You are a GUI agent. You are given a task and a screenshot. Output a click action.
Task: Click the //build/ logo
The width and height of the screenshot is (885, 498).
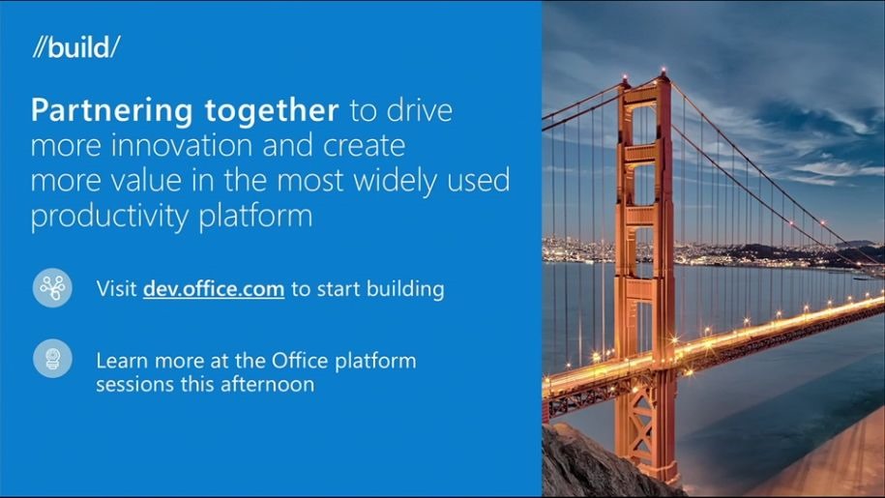76,46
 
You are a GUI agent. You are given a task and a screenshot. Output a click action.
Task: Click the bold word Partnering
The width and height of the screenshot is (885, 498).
112,110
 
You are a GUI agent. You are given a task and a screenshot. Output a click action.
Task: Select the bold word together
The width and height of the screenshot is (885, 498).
272,110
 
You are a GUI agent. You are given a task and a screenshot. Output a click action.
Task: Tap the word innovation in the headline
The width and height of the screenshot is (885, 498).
182,145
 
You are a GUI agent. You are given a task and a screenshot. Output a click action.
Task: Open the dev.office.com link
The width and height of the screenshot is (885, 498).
214,289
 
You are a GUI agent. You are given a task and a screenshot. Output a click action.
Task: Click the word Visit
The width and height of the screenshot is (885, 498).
116,289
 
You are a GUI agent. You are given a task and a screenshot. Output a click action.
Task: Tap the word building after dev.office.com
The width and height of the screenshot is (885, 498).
405,289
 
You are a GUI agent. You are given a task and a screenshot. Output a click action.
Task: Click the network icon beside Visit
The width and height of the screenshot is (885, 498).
52,287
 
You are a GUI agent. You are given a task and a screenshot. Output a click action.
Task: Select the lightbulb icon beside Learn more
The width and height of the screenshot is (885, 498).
52,358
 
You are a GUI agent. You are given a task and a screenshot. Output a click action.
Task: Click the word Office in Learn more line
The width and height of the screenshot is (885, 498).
300,360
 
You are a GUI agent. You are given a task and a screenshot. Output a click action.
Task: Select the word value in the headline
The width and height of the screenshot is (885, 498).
146,181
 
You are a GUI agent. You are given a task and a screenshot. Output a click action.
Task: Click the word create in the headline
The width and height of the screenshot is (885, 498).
364,145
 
